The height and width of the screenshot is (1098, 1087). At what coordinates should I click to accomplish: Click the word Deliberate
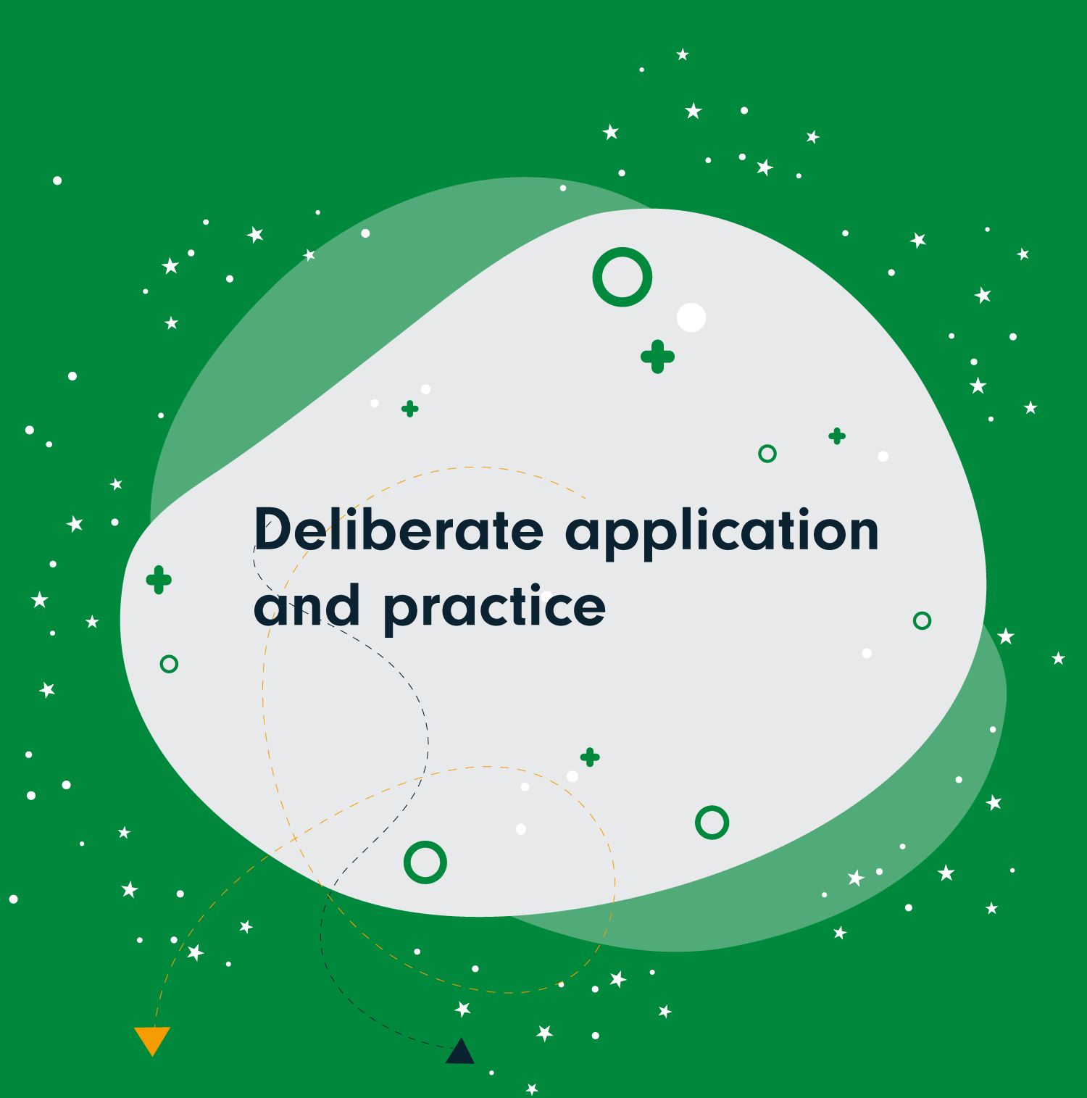[x=399, y=528]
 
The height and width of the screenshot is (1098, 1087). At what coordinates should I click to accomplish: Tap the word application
[x=722, y=533]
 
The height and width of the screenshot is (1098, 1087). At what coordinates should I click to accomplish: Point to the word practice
[x=494, y=609]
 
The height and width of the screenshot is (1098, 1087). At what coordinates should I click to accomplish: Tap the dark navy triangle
[x=459, y=1052]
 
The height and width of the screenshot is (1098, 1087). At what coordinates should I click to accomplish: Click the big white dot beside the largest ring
[x=691, y=317]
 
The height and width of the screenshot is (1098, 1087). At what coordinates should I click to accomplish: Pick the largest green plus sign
[x=658, y=357]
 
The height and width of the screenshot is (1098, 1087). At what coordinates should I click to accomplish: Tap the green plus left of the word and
[x=159, y=580]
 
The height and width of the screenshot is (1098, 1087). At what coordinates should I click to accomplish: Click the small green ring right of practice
[x=922, y=620]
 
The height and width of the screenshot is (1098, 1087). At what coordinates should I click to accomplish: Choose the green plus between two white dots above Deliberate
[x=410, y=409]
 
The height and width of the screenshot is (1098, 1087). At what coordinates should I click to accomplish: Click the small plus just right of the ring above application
[x=837, y=436]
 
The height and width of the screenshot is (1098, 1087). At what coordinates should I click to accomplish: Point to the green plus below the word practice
[x=590, y=757]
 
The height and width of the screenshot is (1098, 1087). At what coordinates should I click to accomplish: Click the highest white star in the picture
[x=683, y=54]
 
